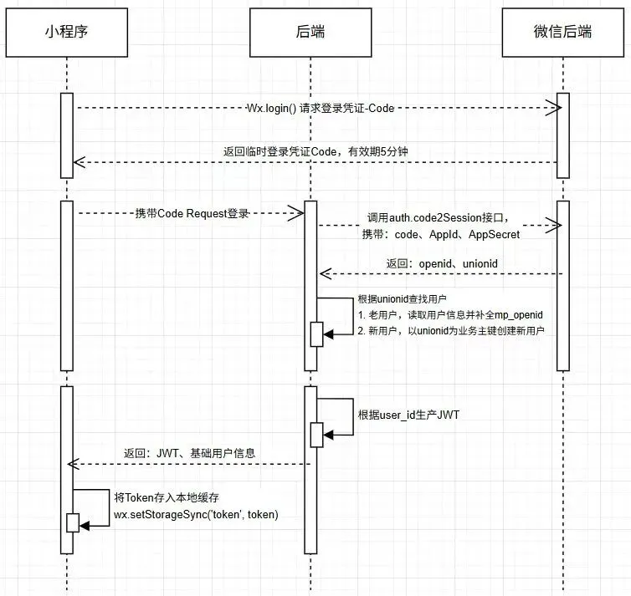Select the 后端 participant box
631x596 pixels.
coord(310,32)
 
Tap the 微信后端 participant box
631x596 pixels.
coord(562,32)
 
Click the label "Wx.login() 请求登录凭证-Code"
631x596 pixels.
coord(320,108)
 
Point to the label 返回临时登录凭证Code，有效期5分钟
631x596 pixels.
coord(315,151)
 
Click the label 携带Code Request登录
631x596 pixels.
coord(192,214)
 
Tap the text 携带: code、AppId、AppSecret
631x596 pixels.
coord(440,235)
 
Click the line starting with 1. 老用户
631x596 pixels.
coord(450,316)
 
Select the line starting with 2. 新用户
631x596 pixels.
coord(451,332)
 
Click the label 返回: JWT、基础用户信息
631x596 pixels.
coord(189,453)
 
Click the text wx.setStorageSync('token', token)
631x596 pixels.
coord(196,514)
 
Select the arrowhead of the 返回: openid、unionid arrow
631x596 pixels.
coord(326,273)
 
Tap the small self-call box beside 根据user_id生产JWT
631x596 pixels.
coord(317,434)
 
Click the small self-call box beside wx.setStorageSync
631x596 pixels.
coord(73,522)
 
